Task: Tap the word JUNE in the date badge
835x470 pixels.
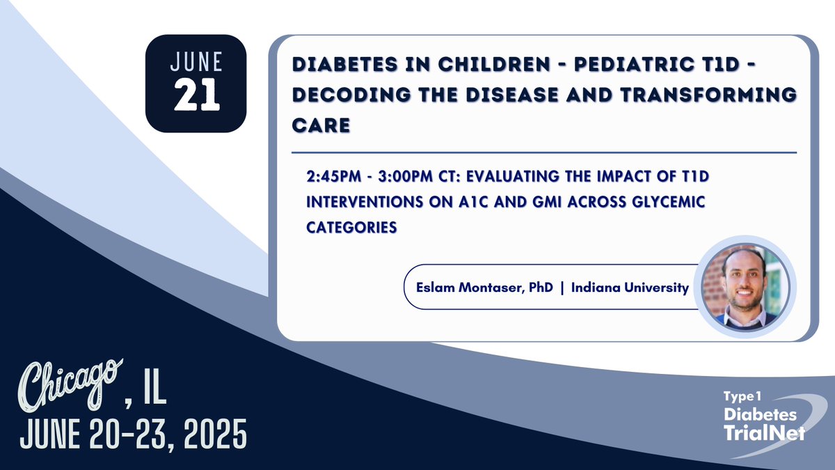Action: [197, 63]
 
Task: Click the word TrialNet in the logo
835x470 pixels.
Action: [763, 432]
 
